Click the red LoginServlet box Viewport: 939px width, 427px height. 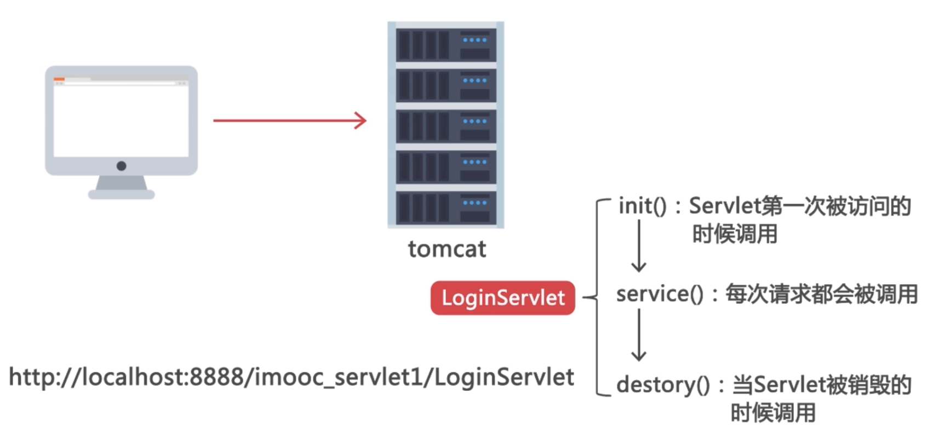click(x=502, y=298)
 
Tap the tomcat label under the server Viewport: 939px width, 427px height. click(x=446, y=249)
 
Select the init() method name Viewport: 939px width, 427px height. click(x=642, y=206)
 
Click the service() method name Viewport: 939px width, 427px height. click(x=660, y=295)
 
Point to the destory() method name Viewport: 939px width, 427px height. click(x=662, y=385)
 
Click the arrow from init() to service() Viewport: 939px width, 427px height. click(x=639, y=246)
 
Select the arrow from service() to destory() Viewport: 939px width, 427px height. click(x=639, y=335)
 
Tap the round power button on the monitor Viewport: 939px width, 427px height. click(x=122, y=166)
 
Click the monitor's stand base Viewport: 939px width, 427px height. click(x=122, y=194)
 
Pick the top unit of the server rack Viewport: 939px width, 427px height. click(x=446, y=44)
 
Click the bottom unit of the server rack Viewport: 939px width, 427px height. click(x=446, y=207)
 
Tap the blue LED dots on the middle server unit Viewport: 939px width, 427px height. click(x=474, y=121)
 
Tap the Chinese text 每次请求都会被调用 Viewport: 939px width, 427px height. click(x=821, y=295)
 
